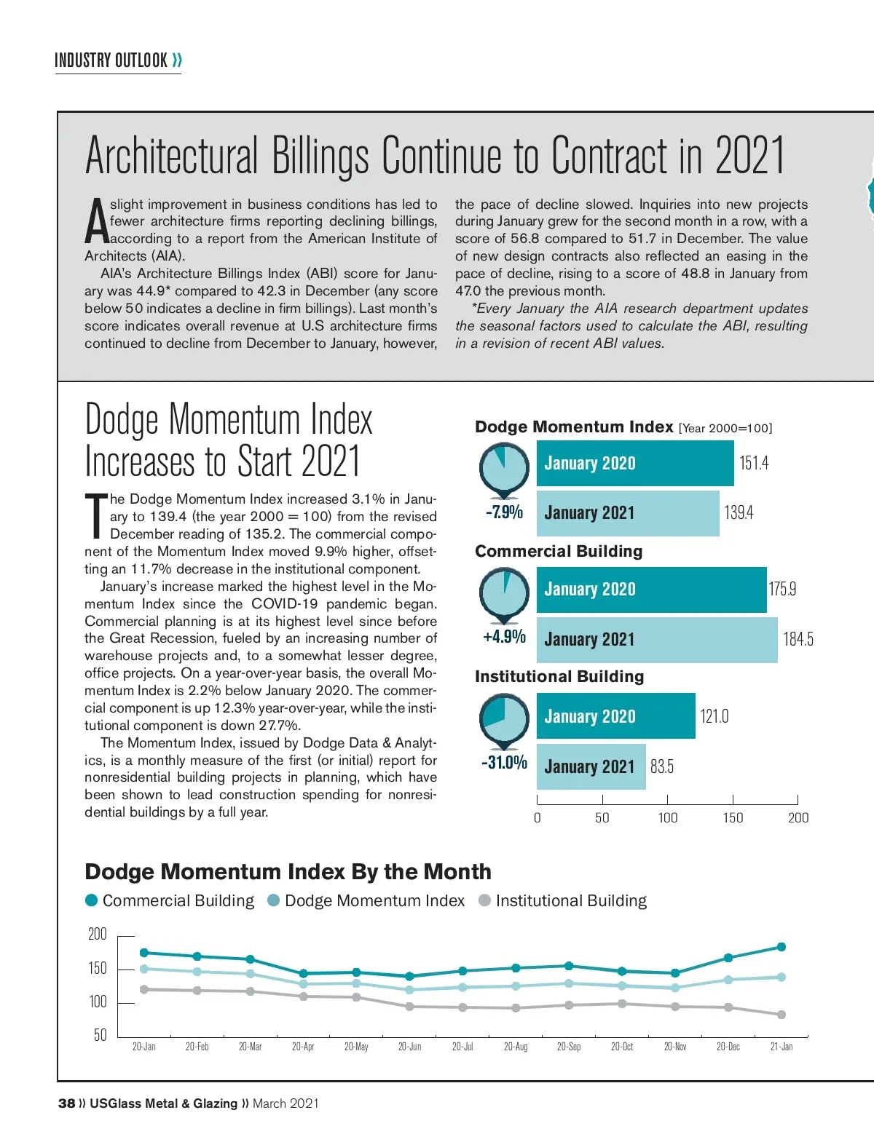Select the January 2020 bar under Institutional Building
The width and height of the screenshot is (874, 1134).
tap(615, 716)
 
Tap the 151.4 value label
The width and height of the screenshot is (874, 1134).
tap(754, 464)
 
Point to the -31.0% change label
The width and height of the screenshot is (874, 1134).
tap(504, 763)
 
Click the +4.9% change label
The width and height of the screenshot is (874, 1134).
tap(504, 637)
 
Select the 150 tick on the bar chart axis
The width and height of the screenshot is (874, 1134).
tap(733, 818)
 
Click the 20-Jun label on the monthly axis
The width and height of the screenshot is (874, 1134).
tap(409, 1047)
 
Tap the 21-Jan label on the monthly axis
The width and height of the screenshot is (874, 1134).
tap(782, 1047)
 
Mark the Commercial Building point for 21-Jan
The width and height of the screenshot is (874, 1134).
tap(782, 947)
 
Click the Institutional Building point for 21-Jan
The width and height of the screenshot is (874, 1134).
tap(782, 1015)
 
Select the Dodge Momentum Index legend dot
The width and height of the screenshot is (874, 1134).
tap(274, 901)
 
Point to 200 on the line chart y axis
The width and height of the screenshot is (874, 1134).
tap(98, 935)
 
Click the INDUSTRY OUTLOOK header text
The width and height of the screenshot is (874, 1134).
tap(111, 60)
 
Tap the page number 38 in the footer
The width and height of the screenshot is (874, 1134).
tap(66, 1103)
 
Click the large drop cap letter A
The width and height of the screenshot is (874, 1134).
tap(97, 222)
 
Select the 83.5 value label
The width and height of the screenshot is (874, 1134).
tap(662, 767)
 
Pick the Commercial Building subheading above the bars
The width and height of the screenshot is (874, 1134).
tap(559, 552)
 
